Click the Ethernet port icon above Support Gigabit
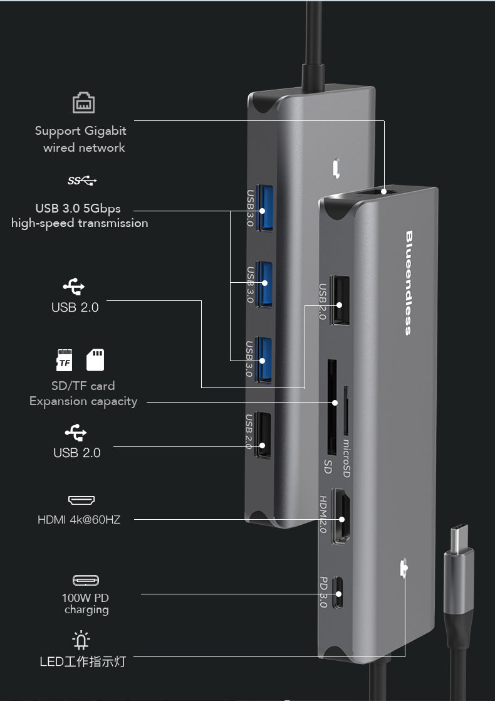[83, 103]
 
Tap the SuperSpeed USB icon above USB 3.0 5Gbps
[82, 181]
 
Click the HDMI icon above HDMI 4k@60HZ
[81, 500]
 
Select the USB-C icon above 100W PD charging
[86, 580]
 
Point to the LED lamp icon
[81, 639]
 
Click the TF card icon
[65, 360]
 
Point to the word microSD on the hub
[346, 458]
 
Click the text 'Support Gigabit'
[80, 131]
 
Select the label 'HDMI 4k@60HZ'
[79, 520]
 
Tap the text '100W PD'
[85, 598]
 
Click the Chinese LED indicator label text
[83, 661]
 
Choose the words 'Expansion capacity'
[83, 401]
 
